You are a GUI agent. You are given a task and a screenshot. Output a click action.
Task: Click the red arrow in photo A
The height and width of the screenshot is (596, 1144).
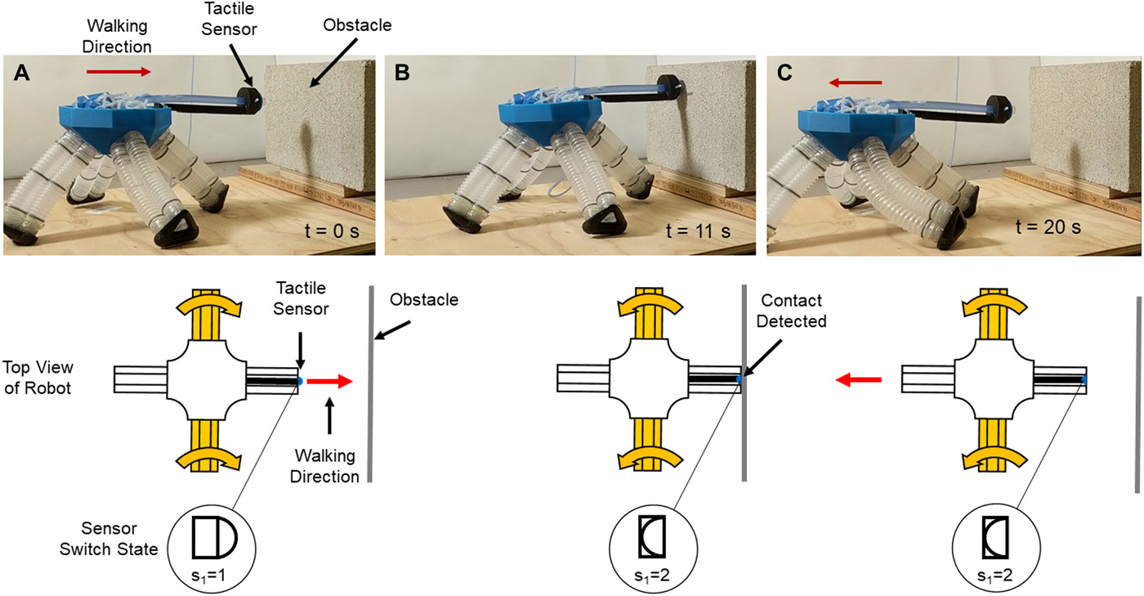(x=119, y=72)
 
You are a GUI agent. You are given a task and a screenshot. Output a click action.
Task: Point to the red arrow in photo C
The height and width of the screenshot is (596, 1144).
(x=853, y=83)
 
